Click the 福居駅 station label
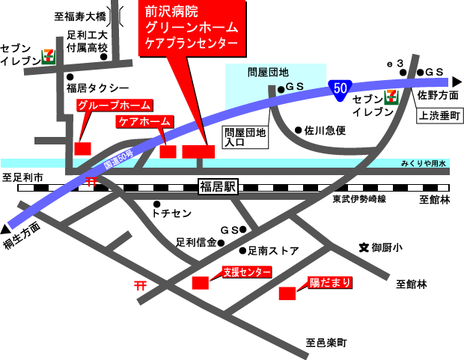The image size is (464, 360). point(217,187)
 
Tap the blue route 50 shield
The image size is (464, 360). point(339,88)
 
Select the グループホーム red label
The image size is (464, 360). point(115,106)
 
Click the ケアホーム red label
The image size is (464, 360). point(144,120)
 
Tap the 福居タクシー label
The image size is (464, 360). point(97,88)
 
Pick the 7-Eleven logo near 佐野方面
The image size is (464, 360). point(391,96)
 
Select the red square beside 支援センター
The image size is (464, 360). point(201,283)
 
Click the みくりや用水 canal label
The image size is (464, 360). point(424,162)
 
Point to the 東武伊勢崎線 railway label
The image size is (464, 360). point(359,200)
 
